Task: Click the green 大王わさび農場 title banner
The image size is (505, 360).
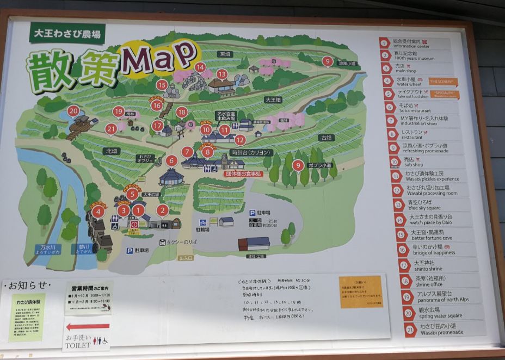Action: point(67,33)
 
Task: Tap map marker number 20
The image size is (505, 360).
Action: point(74,111)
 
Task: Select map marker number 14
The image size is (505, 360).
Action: point(200,67)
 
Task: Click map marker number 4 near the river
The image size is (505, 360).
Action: point(98,212)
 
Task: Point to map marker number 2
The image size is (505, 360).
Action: point(162,210)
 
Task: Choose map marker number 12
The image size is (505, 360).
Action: point(240,139)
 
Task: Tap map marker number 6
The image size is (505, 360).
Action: point(171,160)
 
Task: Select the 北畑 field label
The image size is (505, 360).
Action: point(112,151)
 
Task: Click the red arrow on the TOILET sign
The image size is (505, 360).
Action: point(88,327)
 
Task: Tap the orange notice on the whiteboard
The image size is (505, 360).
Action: point(361,291)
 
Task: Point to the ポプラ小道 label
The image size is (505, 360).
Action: point(319,165)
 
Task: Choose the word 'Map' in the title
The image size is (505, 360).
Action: point(159,58)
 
